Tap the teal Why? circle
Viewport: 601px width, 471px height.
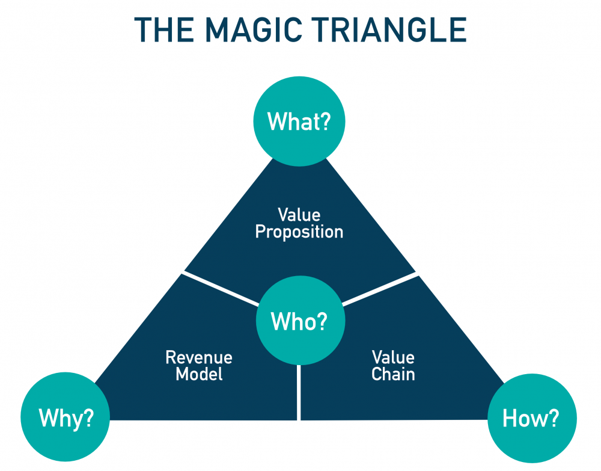coord(66,417)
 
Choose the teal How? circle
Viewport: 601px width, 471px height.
coord(531,417)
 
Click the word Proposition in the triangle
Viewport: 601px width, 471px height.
coord(299,232)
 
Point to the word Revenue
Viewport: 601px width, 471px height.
coord(199,357)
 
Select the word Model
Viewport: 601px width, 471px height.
coord(200,374)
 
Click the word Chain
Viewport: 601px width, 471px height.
coord(393,374)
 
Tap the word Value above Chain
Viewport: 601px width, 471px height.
coord(393,357)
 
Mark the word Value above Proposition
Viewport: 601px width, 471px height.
coord(299,215)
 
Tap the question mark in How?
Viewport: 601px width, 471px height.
coord(554,417)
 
